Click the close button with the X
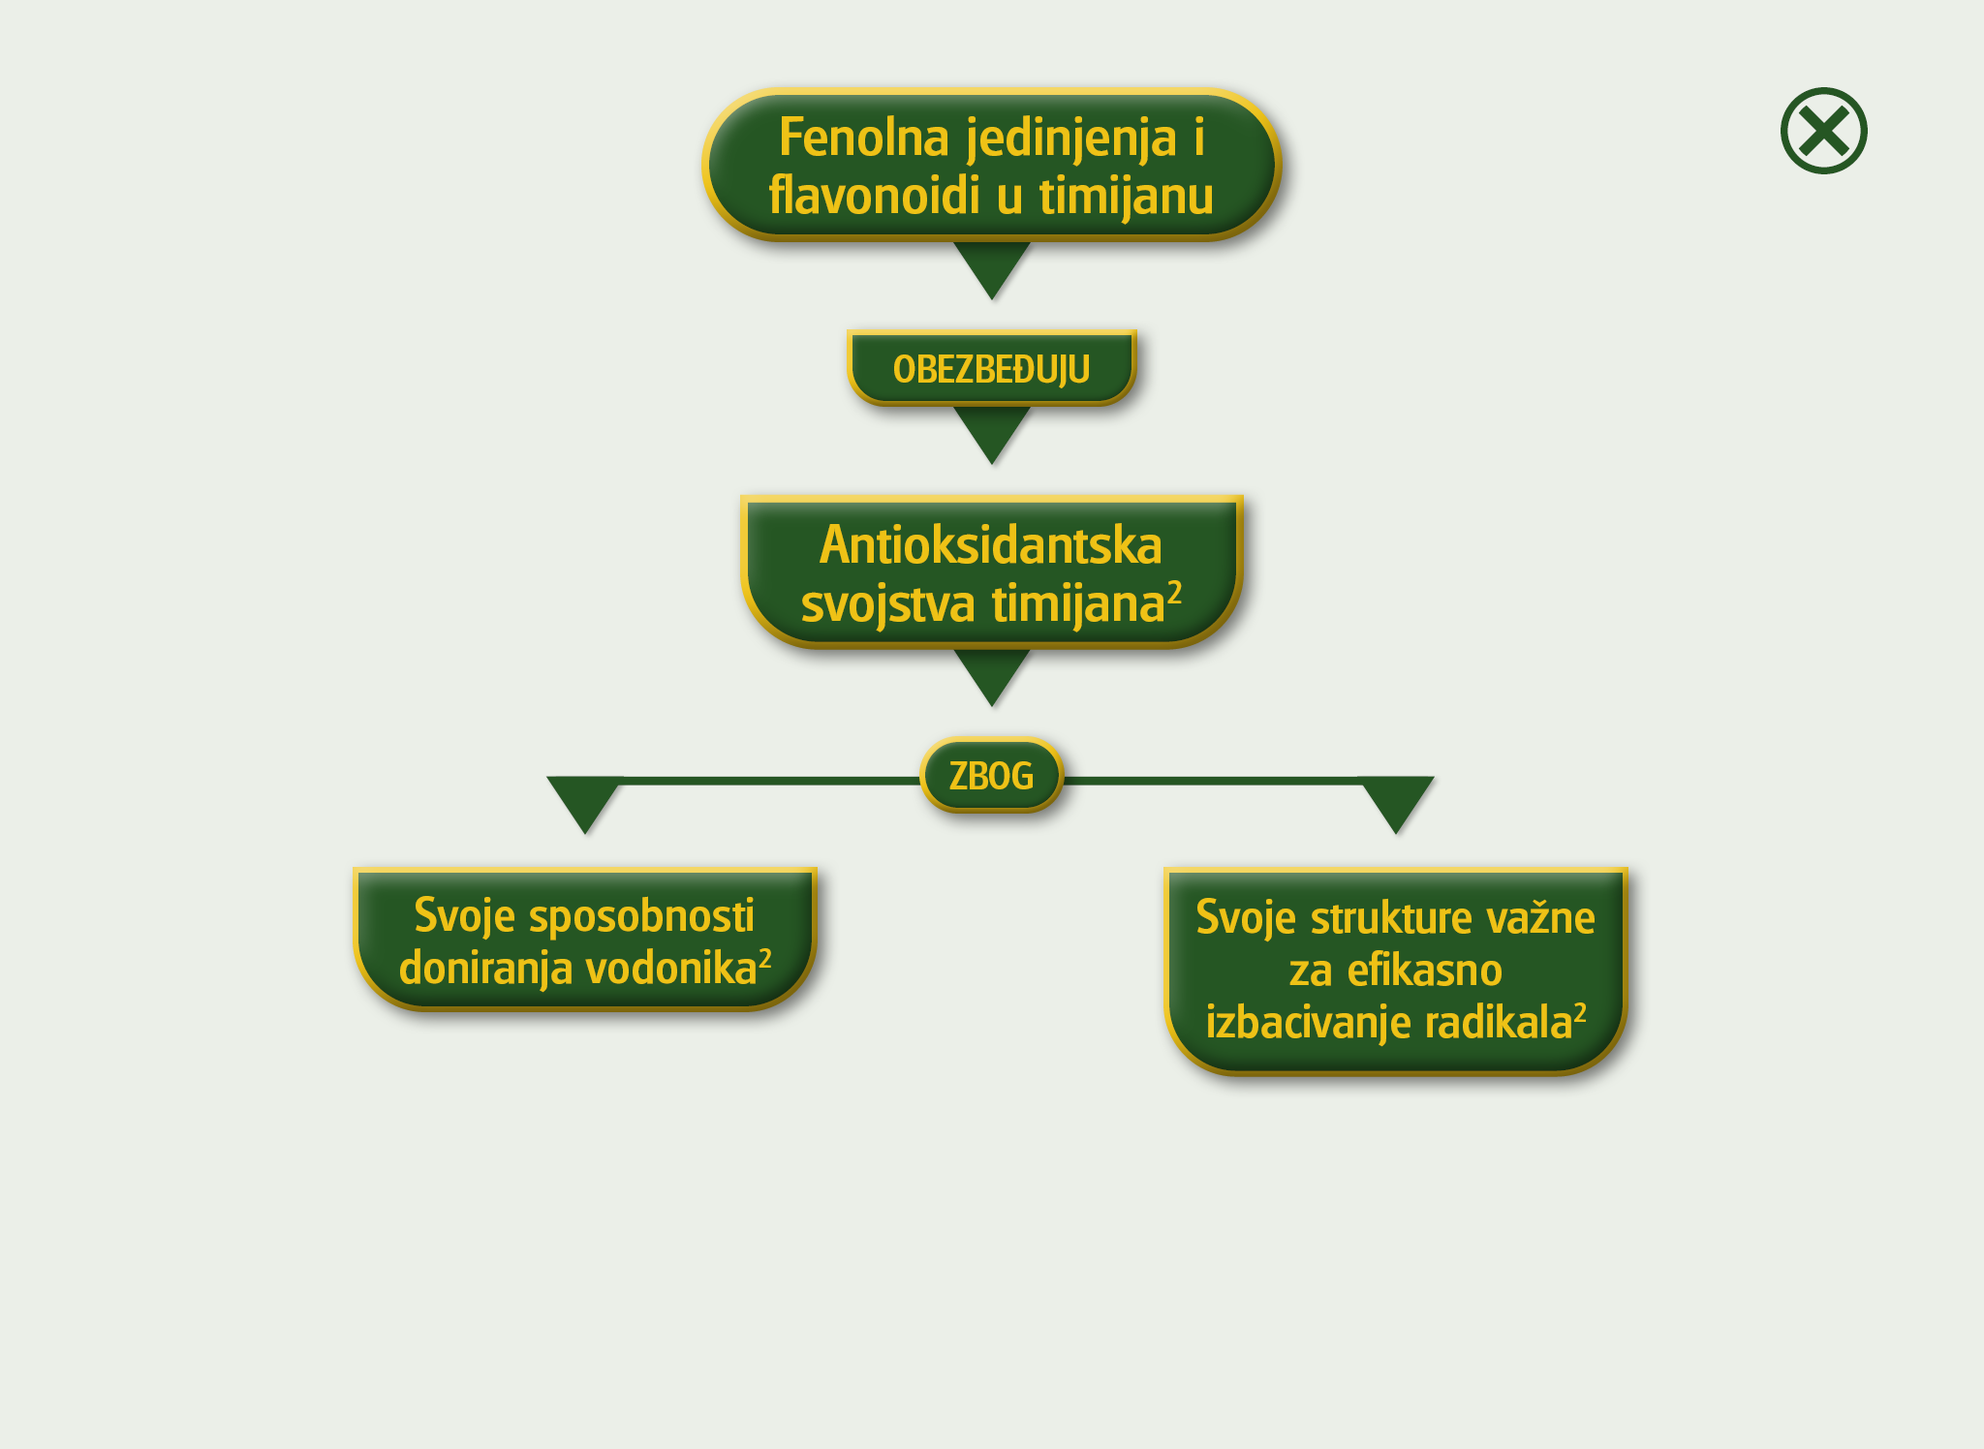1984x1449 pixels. [1823, 131]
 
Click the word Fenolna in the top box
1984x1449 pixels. [863, 138]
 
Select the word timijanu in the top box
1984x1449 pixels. [1126, 197]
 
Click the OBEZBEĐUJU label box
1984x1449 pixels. [991, 369]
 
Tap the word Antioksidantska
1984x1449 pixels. [990, 545]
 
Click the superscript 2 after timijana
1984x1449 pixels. [1174, 591]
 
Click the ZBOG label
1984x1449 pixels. [991, 776]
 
